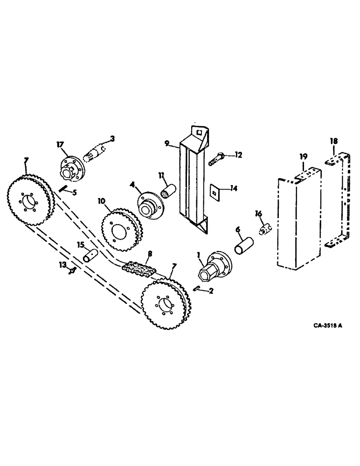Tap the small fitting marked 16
[x=265, y=229]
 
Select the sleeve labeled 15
[x=90, y=255]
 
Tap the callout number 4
[x=133, y=185]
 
